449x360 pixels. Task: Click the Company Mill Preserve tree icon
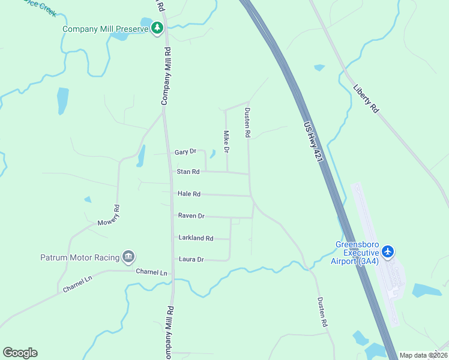pos(157,28)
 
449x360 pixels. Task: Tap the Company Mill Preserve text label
pos(106,28)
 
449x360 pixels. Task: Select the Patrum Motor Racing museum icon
pos(128,257)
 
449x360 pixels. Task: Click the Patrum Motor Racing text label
pos(80,257)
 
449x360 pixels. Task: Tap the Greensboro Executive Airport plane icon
pos(388,251)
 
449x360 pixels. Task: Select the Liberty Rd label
pos(366,98)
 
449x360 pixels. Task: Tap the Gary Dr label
pos(185,152)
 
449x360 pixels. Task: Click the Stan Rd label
pos(188,172)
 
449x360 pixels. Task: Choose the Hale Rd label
pos(188,194)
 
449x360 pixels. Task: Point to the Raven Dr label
pos(191,215)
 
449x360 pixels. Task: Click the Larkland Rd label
pos(196,238)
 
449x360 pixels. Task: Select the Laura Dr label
pos(191,259)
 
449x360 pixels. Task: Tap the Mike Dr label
pos(227,141)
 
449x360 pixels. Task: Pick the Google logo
pos(20,353)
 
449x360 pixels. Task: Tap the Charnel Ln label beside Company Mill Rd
pos(151,272)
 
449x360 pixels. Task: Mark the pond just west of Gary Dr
pos(141,156)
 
